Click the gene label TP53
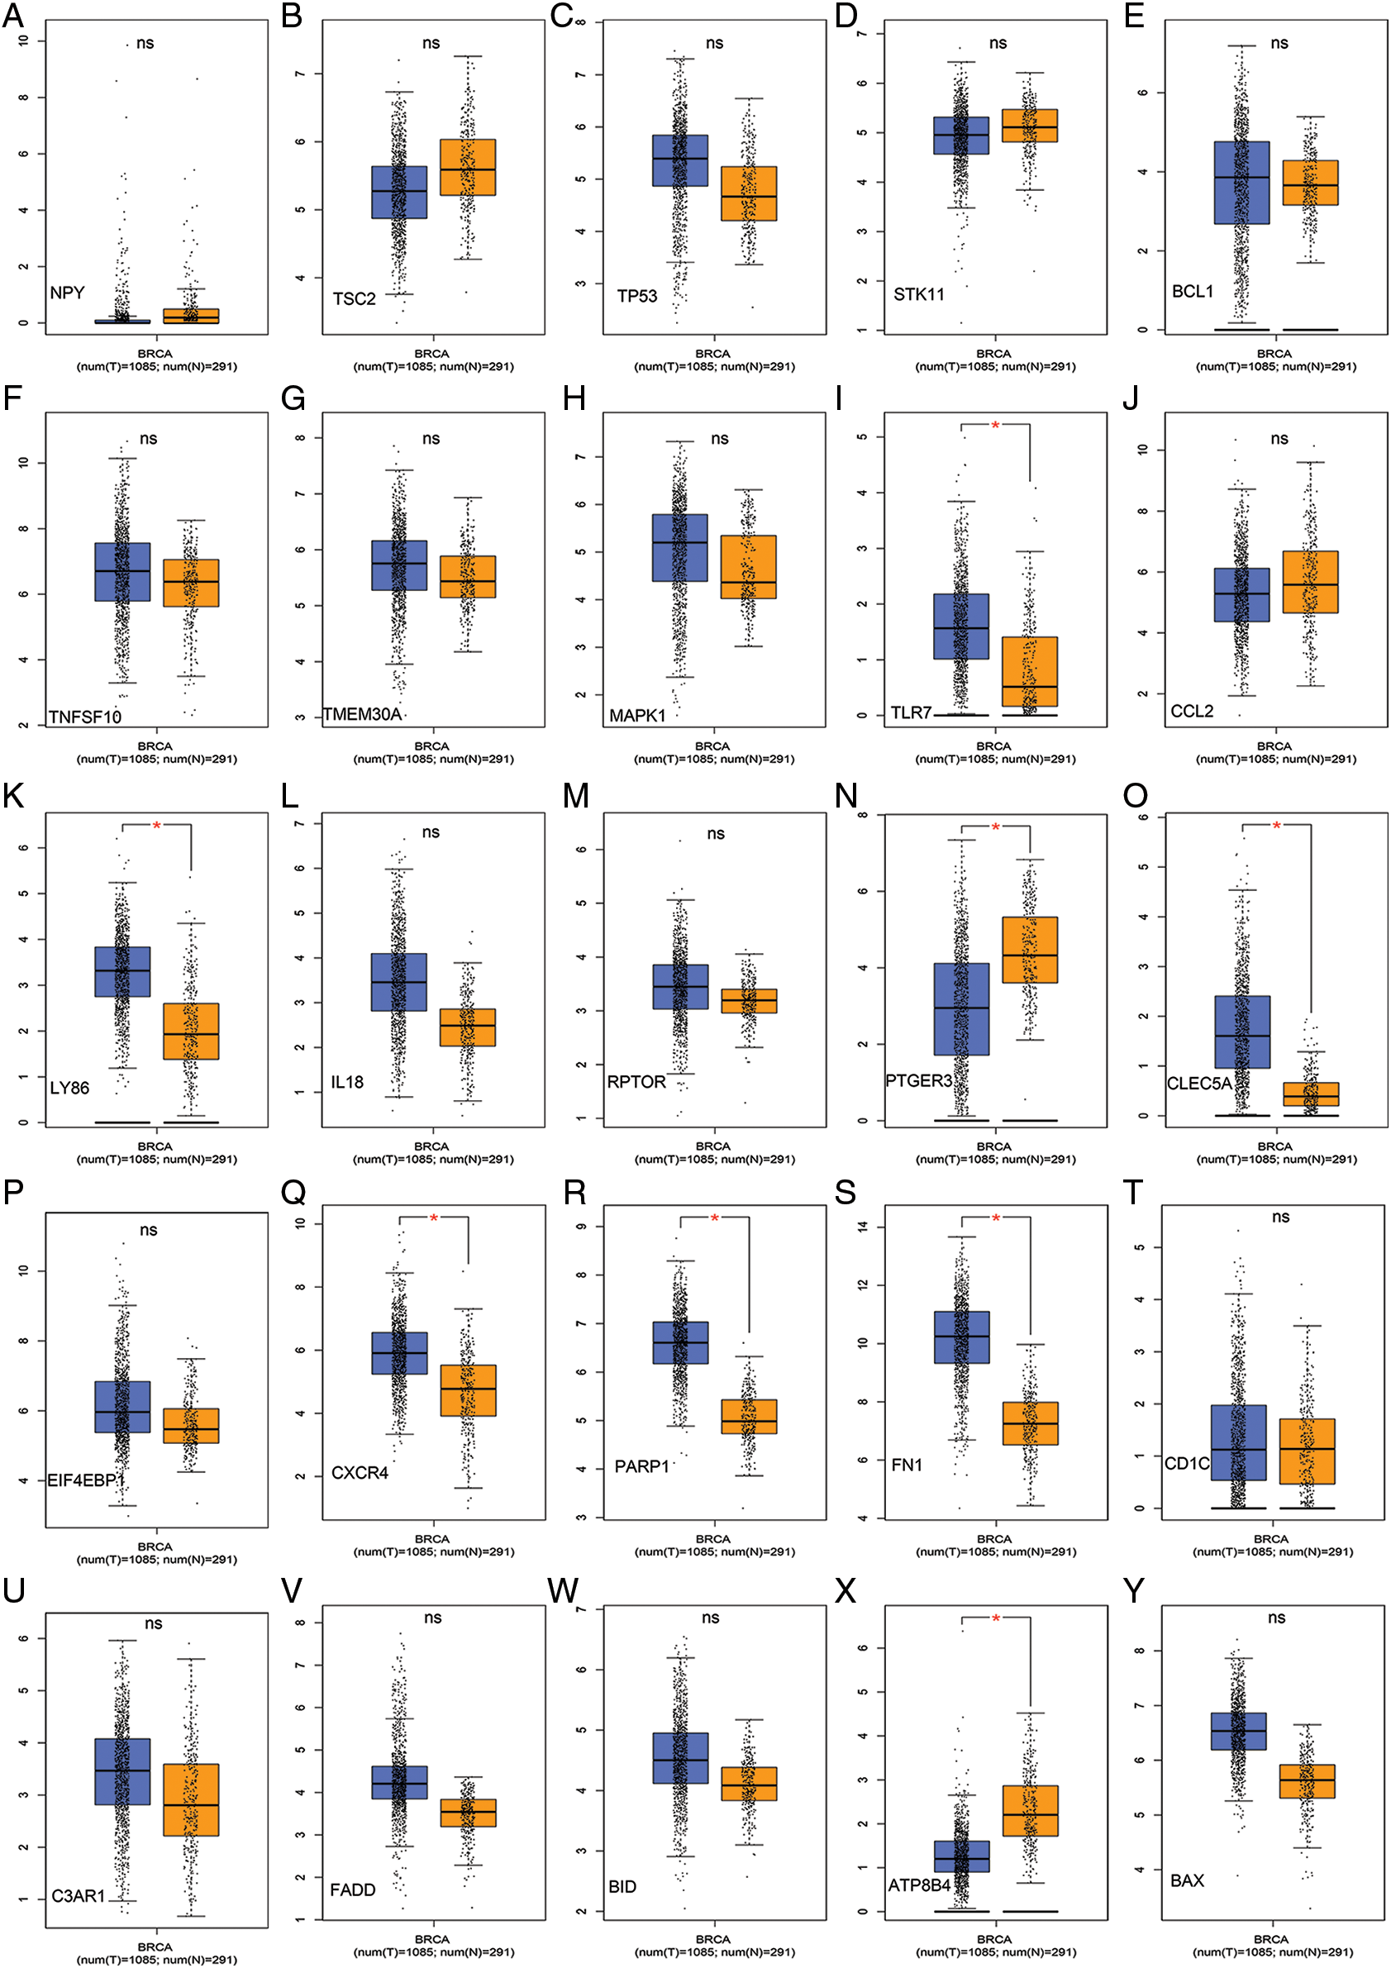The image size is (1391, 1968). click(x=636, y=297)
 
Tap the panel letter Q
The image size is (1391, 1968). click(x=293, y=1192)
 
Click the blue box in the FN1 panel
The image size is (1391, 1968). click(x=960, y=1337)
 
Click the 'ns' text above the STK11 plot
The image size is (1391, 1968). click(x=998, y=43)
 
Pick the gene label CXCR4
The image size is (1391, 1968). click(x=360, y=1473)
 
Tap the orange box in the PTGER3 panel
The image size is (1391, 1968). click(x=1029, y=950)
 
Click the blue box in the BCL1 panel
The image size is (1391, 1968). click(x=1242, y=183)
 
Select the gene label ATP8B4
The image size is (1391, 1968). click(x=919, y=1885)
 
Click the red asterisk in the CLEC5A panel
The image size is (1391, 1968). click(x=1276, y=827)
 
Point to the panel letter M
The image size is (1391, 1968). click(x=576, y=796)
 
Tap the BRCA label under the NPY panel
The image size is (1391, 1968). click(x=155, y=353)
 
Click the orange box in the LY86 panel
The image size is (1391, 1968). click(x=191, y=1032)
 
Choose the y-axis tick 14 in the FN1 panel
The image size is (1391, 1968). click(x=863, y=1227)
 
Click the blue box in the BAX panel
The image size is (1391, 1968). click(x=1238, y=1731)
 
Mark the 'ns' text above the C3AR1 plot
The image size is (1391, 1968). click(x=154, y=1623)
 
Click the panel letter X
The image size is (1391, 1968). click(x=846, y=1592)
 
